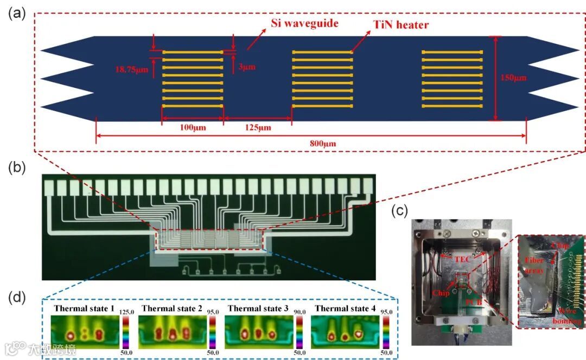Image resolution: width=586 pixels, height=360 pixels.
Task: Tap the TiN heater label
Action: coord(400,24)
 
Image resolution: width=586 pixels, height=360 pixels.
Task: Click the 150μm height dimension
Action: coord(513,78)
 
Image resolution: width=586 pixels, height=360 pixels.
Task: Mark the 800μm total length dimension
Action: coord(311,144)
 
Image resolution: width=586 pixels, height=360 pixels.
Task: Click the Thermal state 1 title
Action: coord(84,308)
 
